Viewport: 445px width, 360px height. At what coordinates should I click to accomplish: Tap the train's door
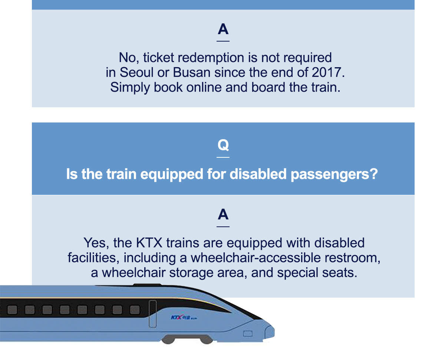click(x=152, y=314)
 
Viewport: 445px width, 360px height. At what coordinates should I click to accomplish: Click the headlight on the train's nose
click(x=248, y=334)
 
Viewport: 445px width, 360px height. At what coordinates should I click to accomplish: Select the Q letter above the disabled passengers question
click(x=223, y=145)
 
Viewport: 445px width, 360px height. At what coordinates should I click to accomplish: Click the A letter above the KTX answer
click(x=223, y=215)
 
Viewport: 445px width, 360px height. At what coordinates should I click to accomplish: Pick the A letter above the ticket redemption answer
click(x=223, y=29)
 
